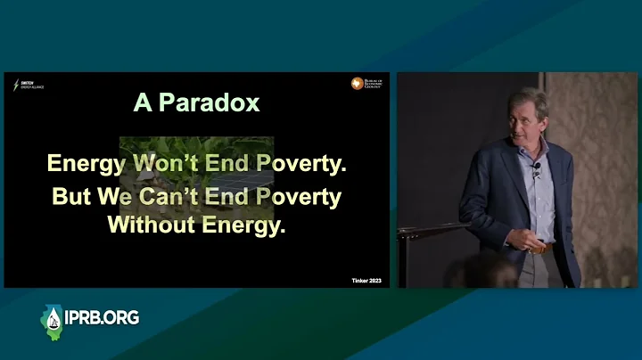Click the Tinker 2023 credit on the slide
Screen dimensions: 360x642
point(366,281)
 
